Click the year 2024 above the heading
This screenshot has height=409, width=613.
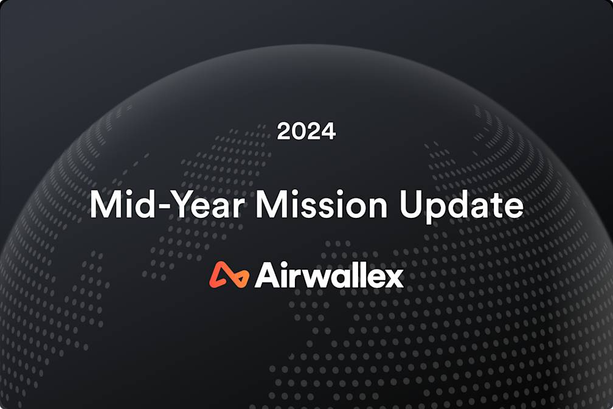306,131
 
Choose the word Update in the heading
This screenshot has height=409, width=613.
460,206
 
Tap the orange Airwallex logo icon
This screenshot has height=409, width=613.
229,275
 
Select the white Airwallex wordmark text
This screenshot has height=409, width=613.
329,276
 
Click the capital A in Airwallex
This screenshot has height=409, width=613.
267,276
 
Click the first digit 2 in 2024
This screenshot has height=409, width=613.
284,131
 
